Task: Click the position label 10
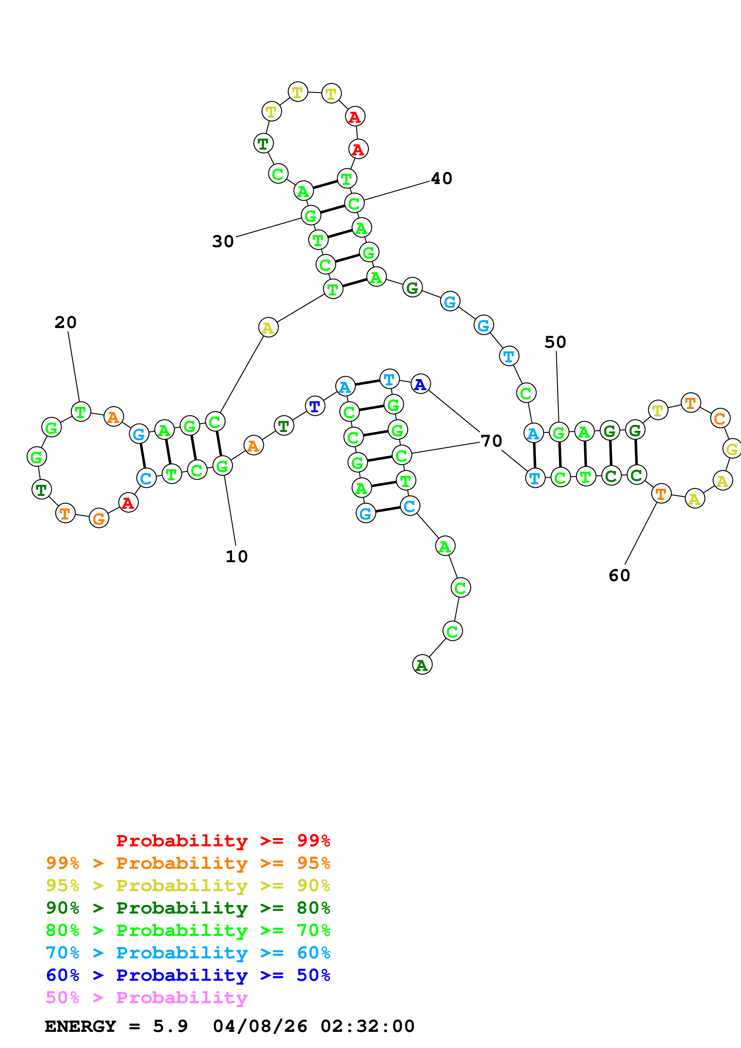(x=236, y=556)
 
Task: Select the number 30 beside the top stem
(x=223, y=241)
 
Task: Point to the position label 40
(x=441, y=178)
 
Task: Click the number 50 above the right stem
(x=555, y=342)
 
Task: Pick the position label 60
(x=619, y=576)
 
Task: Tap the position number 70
(x=491, y=441)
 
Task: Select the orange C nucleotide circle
(x=719, y=419)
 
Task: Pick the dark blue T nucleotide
(x=314, y=406)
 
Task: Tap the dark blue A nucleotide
(x=420, y=384)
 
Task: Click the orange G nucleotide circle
(x=99, y=518)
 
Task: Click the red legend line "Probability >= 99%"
(x=223, y=841)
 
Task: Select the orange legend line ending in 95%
(x=188, y=863)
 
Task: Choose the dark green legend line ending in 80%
(x=188, y=908)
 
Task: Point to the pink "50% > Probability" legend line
(x=146, y=997)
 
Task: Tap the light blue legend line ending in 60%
(x=188, y=953)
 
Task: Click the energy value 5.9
(x=170, y=1026)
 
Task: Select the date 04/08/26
(x=260, y=1026)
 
